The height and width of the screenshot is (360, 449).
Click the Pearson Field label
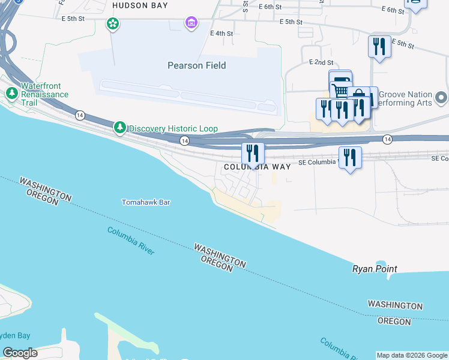196,65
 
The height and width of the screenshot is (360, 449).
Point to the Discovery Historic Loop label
173,128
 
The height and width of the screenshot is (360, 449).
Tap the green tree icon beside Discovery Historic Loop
120,128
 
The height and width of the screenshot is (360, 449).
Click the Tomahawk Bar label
146,202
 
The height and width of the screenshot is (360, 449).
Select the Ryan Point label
375,269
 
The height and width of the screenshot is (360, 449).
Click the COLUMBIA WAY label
257,167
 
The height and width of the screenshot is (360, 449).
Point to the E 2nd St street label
321,62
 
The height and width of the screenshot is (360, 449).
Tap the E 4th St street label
221,34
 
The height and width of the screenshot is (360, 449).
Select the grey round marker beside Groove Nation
442,97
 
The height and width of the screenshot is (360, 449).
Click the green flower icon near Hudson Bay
112,24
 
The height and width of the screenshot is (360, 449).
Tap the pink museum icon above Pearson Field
191,23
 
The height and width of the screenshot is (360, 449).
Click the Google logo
20,353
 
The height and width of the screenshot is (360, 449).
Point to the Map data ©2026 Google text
412,355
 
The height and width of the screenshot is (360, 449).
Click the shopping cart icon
339,88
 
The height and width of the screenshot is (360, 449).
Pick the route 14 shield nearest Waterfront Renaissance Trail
80,115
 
